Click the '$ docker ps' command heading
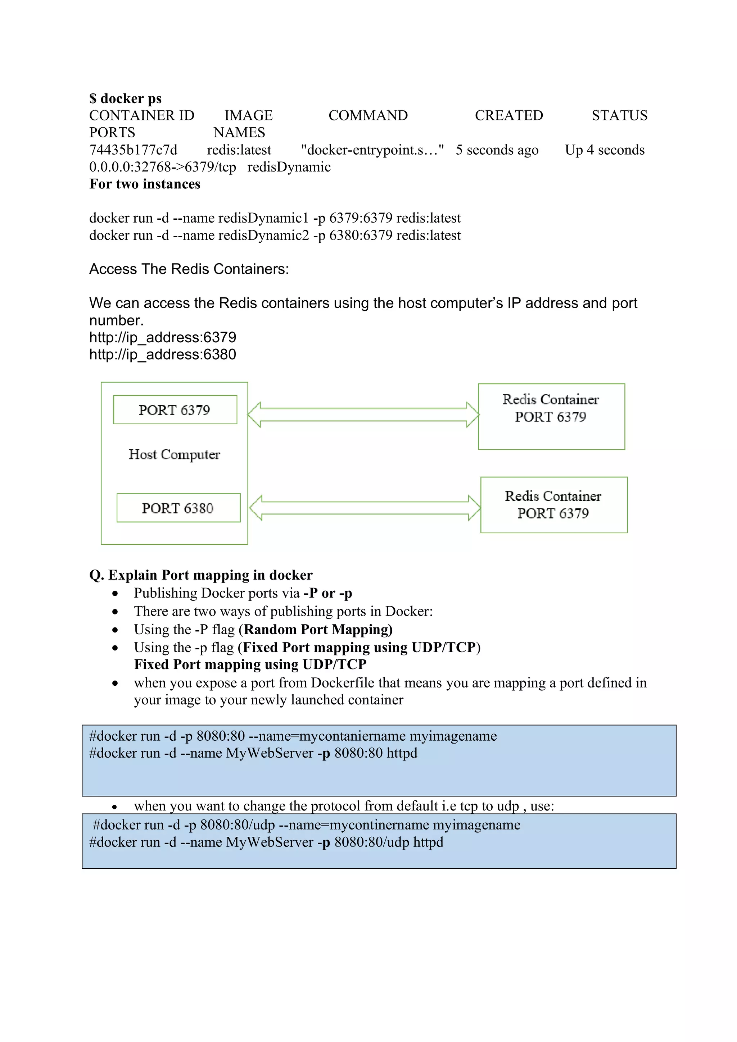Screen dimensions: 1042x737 [x=125, y=99]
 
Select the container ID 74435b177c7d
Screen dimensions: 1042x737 [x=133, y=150]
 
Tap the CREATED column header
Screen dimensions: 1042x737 [x=508, y=116]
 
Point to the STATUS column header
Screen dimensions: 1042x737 [x=619, y=116]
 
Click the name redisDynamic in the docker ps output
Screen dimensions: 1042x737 [x=289, y=167]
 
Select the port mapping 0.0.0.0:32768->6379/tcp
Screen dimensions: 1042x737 [x=163, y=167]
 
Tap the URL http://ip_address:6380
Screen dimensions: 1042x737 [x=163, y=355]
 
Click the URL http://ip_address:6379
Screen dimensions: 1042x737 [x=163, y=337]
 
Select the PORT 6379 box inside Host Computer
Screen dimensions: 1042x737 [x=175, y=410]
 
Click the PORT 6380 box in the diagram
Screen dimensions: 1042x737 [x=178, y=508]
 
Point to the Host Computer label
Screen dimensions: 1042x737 [x=175, y=454]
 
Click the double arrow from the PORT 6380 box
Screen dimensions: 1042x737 [x=365, y=508]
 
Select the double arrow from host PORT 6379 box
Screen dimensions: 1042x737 [x=363, y=414]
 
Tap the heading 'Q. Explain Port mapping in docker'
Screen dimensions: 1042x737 [x=201, y=575]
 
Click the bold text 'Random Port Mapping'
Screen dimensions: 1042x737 [x=317, y=630]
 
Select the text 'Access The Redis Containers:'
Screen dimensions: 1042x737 [x=189, y=269]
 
